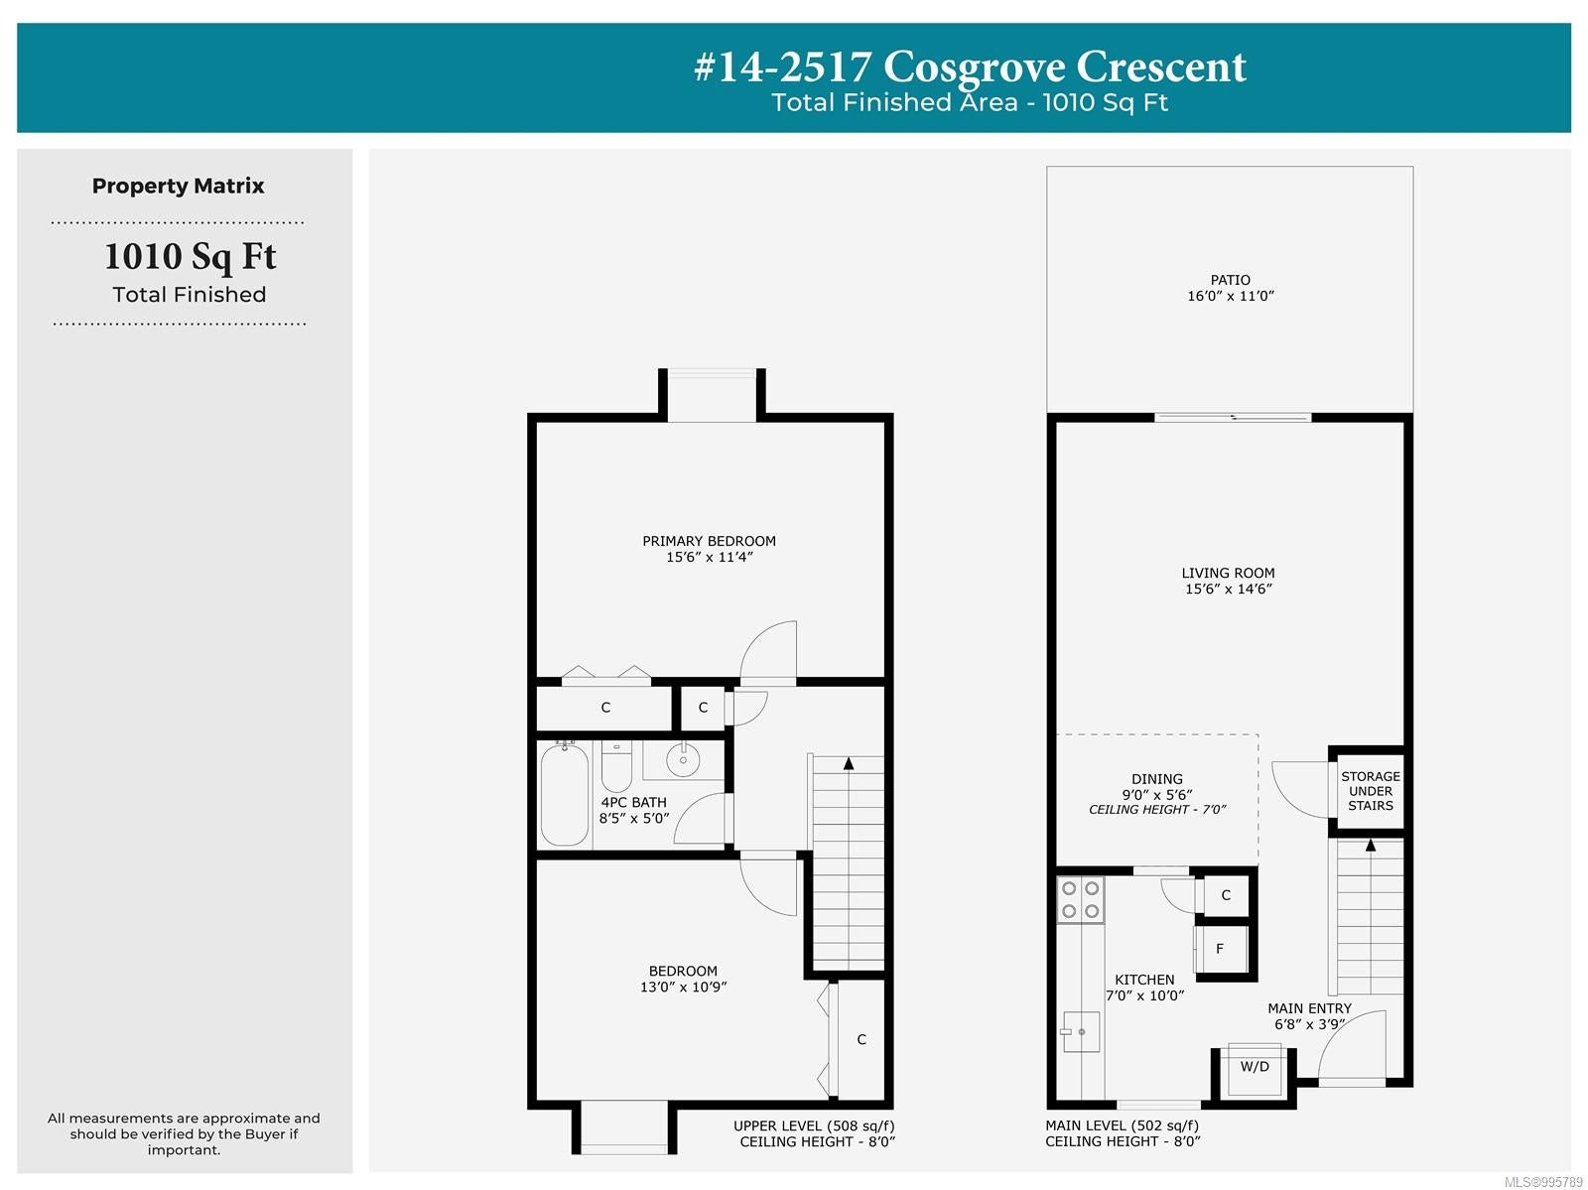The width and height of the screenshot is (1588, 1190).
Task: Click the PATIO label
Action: click(1229, 280)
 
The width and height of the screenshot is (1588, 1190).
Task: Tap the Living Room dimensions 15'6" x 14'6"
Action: click(1228, 589)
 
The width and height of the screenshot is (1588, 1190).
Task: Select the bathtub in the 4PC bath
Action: click(565, 795)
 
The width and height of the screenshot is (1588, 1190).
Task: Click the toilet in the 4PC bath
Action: click(616, 767)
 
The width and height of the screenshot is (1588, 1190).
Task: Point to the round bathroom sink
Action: click(682, 760)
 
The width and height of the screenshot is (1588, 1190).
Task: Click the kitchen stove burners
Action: click(1080, 900)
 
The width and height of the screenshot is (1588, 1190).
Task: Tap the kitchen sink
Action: click(1080, 1031)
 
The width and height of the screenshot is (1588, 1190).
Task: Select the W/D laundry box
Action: click(1254, 1069)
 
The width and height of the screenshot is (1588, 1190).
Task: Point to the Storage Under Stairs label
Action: click(1370, 791)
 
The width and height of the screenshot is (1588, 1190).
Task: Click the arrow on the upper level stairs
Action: click(848, 763)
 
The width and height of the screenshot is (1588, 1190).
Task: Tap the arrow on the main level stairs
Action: click(1369, 845)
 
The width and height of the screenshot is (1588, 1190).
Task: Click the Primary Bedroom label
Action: click(709, 540)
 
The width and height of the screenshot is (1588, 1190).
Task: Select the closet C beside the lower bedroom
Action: click(860, 1039)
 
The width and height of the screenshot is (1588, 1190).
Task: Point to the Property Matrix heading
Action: click(178, 186)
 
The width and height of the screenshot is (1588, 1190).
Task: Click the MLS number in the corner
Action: click(1543, 1182)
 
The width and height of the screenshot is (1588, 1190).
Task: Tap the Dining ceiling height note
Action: click(1157, 810)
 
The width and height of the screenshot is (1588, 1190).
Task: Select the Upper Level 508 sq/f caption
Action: click(814, 1125)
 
